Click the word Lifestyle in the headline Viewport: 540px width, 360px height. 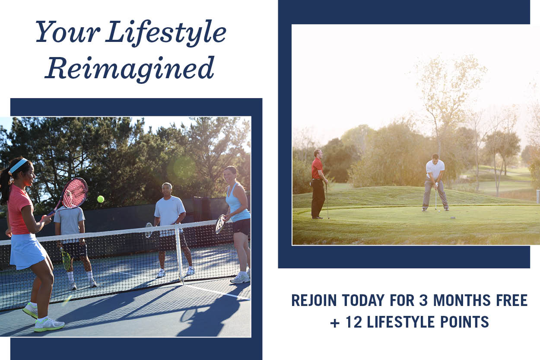coord(166,33)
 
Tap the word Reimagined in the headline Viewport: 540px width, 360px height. coord(130,69)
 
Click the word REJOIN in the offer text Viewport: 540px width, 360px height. coord(314,300)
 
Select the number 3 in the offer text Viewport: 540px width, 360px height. coord(423,300)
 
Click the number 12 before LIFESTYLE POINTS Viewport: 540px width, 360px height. coord(354,322)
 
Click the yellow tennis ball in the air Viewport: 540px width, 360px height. coord(101,199)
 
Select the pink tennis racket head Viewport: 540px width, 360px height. coord(75,193)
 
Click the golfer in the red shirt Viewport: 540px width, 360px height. coord(318,184)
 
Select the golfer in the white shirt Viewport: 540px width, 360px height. coord(435,182)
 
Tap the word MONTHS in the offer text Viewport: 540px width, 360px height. coord(462,300)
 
